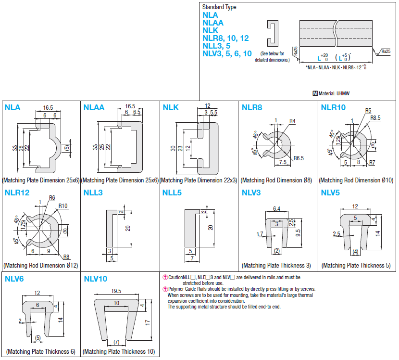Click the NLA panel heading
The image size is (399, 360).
(x=12, y=107)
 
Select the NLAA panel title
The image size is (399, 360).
(x=94, y=107)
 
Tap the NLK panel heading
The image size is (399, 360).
(x=171, y=107)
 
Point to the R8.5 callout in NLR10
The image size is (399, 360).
(x=375, y=117)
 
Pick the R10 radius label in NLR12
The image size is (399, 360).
(x=63, y=206)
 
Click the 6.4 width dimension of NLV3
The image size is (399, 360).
(x=276, y=208)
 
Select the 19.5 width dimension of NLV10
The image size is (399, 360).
(x=116, y=291)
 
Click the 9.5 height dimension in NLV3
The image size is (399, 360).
(x=299, y=233)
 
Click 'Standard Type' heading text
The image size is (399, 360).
(x=219, y=7)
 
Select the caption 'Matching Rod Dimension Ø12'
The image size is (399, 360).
(x=40, y=265)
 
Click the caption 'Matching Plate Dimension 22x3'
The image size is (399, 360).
(x=199, y=180)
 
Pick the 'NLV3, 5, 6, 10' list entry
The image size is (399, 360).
(x=227, y=53)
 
